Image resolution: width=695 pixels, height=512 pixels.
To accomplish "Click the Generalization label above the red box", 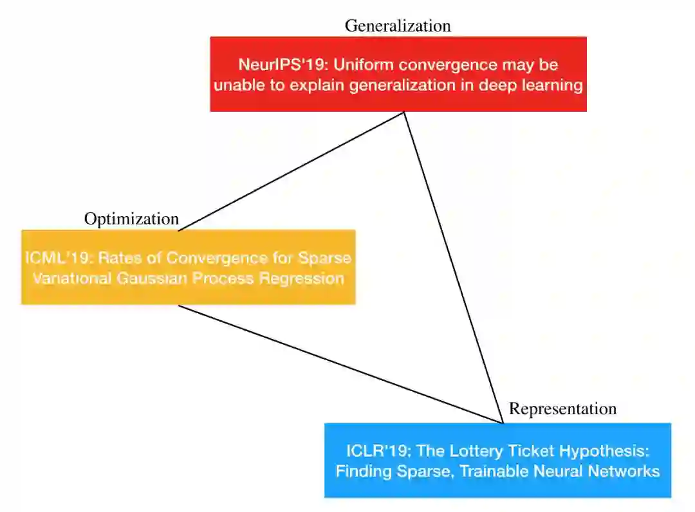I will (x=398, y=26).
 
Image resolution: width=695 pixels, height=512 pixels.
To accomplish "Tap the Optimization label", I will (x=131, y=219).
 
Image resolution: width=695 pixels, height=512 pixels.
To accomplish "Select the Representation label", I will (x=562, y=408).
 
